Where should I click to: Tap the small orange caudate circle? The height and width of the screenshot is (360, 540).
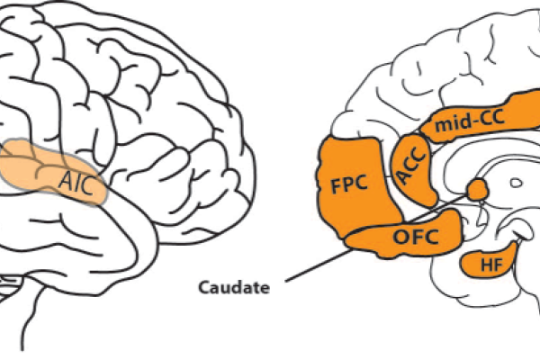pyautogui.click(x=476, y=189)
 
